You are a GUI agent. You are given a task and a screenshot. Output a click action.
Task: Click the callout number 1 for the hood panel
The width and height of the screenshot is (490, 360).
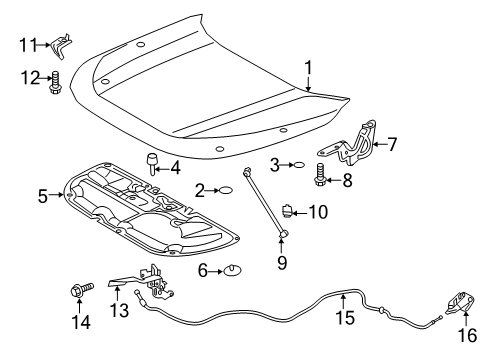click(x=309, y=68)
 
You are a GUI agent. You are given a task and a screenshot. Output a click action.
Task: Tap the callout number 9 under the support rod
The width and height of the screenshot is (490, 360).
click(x=281, y=264)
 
